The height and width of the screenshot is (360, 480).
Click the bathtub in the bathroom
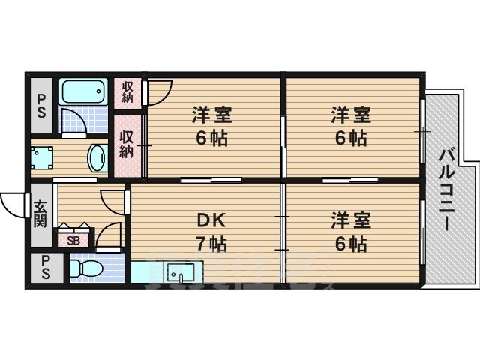[x=84, y=92]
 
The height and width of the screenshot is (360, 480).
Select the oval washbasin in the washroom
[x=97, y=157]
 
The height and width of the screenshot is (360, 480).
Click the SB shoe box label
[x=73, y=240]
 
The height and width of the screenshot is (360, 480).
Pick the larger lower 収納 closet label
[x=127, y=144]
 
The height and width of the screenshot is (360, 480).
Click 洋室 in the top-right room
[x=351, y=115]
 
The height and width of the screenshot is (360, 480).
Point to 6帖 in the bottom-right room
[x=351, y=243]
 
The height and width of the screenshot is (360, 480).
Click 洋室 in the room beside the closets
[x=211, y=115]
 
